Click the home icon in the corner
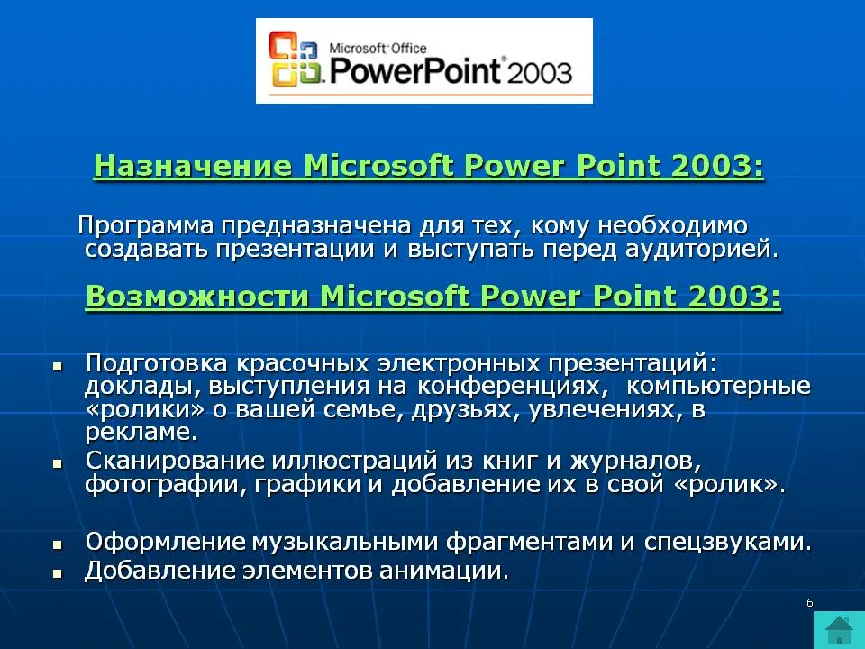pyautogui.click(x=839, y=630)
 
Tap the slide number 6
pyautogui.click(x=810, y=603)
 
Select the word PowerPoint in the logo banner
pyautogui.click(x=414, y=70)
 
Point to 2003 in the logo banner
pyautogui.click(x=539, y=73)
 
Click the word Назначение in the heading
pyautogui.click(x=193, y=165)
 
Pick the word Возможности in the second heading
pyautogui.click(x=197, y=296)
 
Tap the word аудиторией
pyautogui.click(x=701, y=250)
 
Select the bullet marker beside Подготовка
pyautogui.click(x=58, y=366)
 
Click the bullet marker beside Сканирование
pyautogui.click(x=58, y=463)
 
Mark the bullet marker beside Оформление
pyautogui.click(x=58, y=544)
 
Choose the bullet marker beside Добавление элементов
pyautogui.click(x=58, y=573)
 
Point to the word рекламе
pyautogui.click(x=141, y=432)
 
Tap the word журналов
pyautogui.click(x=635, y=462)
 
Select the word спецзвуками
pyautogui.click(x=728, y=543)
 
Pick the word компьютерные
pyautogui.click(x=719, y=387)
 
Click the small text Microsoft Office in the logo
pyautogui.click(x=378, y=48)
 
